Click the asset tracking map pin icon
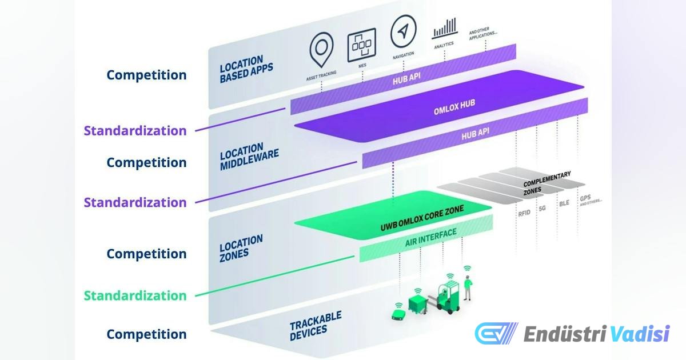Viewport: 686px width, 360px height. point(321,49)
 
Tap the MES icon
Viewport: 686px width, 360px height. point(362,45)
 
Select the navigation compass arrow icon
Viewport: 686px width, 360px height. point(404,31)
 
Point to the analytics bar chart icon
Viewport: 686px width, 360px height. point(445,29)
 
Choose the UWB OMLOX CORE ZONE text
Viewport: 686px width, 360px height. point(422,218)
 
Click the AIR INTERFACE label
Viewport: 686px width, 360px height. point(430,238)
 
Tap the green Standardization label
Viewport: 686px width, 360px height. point(135,295)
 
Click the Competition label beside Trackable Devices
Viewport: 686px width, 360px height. point(146,334)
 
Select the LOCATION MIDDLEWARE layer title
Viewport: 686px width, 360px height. point(249,157)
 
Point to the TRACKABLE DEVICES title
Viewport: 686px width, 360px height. point(316,326)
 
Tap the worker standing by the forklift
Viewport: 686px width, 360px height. point(468,288)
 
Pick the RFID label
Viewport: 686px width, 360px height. point(524,213)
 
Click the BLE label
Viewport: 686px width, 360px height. point(564,203)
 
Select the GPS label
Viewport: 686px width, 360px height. point(585,198)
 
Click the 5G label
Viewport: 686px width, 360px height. point(543,209)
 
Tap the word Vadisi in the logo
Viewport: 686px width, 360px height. point(640,334)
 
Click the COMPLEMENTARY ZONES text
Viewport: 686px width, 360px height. point(547,183)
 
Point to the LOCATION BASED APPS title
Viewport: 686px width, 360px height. point(246,69)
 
